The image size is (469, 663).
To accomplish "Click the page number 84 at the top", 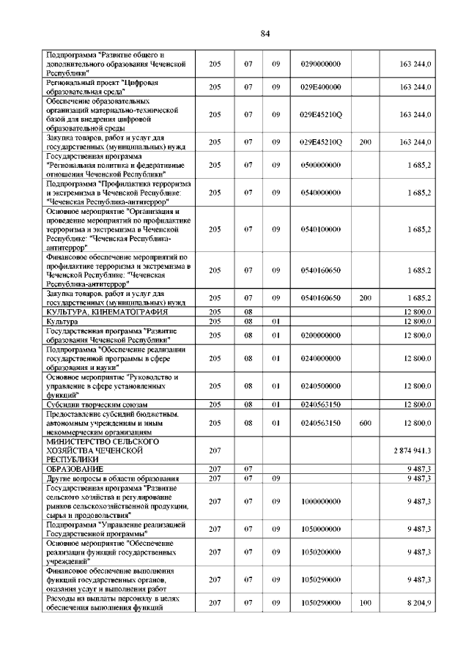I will tap(265, 34).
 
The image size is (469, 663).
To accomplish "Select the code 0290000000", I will tap(321, 64).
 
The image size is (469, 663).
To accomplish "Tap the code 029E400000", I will tap(321, 87).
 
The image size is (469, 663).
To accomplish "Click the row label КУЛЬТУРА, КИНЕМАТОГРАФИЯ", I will tap(100, 312).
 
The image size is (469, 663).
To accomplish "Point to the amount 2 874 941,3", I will tap(410, 451).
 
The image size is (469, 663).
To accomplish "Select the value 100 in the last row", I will tap(366, 602).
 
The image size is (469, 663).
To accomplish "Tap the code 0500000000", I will tap(321, 165).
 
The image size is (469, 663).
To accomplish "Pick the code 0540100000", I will tap(321, 229).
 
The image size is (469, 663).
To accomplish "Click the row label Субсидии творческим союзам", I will tap(97, 404).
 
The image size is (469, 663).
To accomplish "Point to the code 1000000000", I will tap(321, 501).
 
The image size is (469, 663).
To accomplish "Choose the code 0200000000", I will tap(321, 336).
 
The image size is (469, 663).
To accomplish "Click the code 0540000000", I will tap(321, 192).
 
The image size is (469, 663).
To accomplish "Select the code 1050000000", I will tap(321, 528).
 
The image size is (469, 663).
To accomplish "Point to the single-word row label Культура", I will tap(62, 321).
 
